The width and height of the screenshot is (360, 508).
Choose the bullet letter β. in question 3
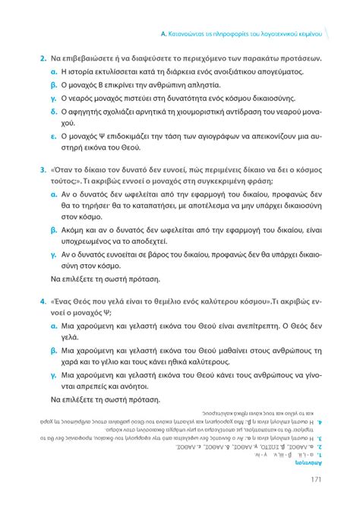pos(55,229)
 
